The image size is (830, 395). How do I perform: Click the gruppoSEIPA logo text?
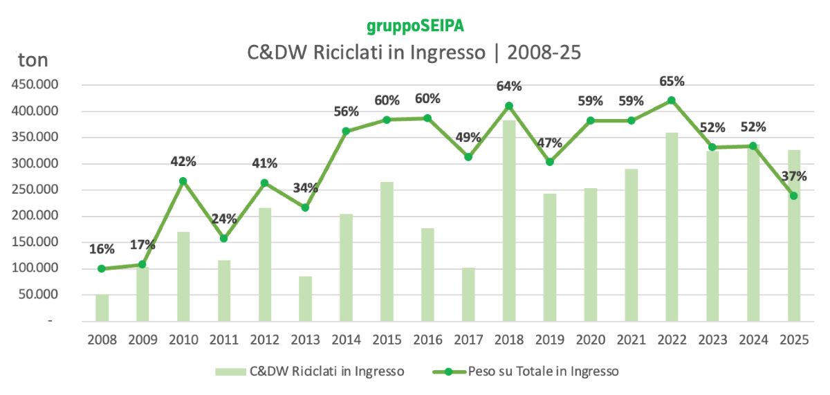[x=415, y=26]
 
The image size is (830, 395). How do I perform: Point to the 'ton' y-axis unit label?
[x=33, y=60]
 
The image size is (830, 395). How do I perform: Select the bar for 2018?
[x=508, y=221]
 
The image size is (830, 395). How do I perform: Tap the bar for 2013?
[x=305, y=299]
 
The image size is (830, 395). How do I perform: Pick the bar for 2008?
[x=102, y=308]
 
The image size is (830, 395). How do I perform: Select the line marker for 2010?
[x=183, y=181]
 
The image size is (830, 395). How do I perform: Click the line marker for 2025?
[x=794, y=196]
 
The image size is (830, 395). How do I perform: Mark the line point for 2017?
[x=468, y=157]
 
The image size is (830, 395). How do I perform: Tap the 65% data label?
[x=672, y=81]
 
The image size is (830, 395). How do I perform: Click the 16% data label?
[x=102, y=249]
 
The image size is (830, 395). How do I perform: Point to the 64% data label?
[x=509, y=86]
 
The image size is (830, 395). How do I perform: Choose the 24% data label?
[x=224, y=219]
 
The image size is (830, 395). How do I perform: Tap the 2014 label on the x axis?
[x=346, y=340]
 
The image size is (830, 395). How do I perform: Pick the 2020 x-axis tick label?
[x=590, y=340]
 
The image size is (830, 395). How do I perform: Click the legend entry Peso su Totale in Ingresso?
[x=543, y=371]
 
